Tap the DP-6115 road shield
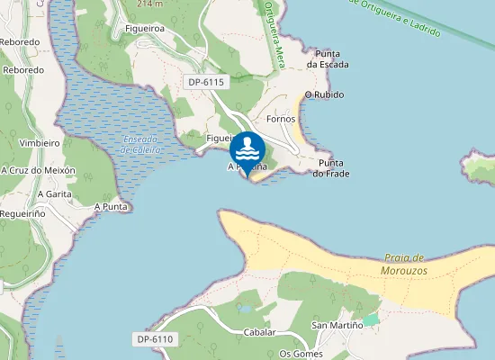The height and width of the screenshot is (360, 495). (x=206, y=82)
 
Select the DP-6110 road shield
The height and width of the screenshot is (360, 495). (x=156, y=339)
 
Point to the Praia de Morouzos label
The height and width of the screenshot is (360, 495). (x=404, y=264)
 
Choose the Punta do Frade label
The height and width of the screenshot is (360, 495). (x=330, y=168)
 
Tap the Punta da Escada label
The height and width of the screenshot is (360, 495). (x=327, y=58)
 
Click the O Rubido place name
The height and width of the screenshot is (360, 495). (x=325, y=94)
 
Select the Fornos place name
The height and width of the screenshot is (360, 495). (x=282, y=119)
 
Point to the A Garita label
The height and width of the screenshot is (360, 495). (x=54, y=193)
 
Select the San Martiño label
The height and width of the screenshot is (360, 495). (x=330, y=324)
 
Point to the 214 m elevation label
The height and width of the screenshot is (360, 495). (x=150, y=4)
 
